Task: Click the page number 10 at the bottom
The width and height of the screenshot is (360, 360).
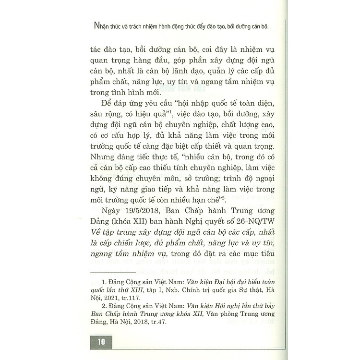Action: [101, 342]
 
